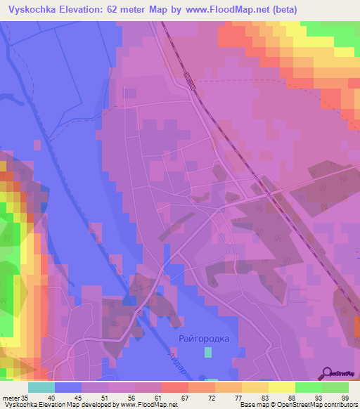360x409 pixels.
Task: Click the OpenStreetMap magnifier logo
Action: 326,373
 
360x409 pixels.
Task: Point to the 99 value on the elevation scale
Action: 345,398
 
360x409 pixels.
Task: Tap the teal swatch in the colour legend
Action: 41,387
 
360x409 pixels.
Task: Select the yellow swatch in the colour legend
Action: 281,387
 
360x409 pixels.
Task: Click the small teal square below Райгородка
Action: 207,352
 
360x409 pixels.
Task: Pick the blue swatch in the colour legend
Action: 68,387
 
